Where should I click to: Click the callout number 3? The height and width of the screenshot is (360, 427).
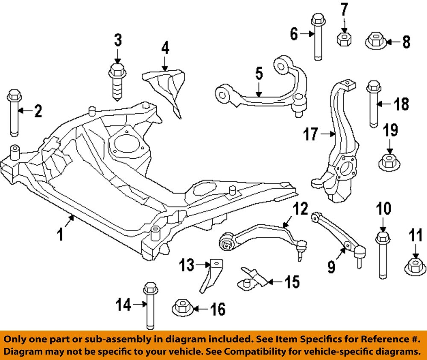pos(117,41)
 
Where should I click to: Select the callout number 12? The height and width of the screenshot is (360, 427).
pos(300,209)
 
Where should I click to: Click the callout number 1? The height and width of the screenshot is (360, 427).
pos(61,233)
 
